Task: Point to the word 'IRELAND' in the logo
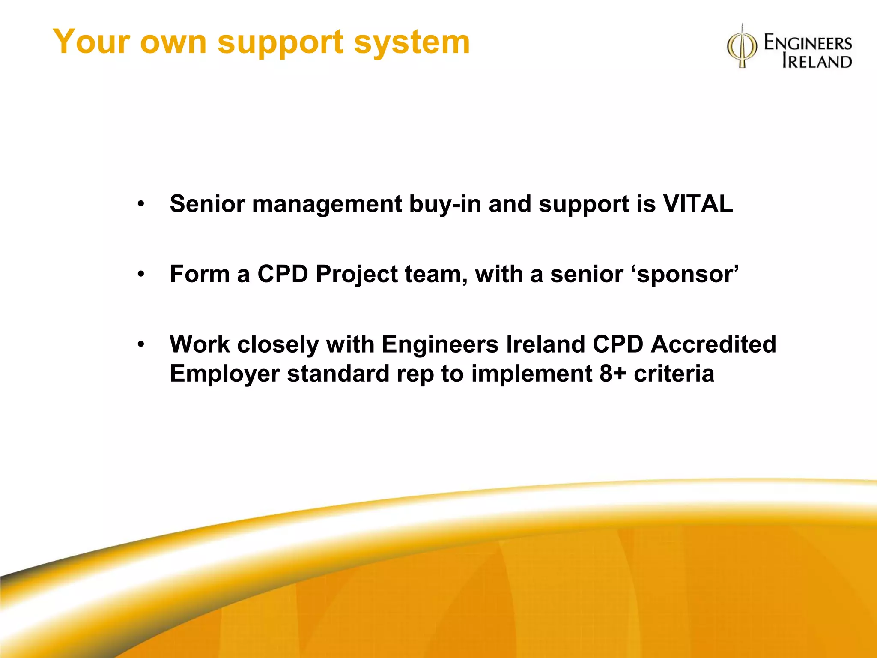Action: (x=817, y=61)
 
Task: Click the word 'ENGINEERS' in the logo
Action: (x=808, y=43)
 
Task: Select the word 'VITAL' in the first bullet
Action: (x=698, y=204)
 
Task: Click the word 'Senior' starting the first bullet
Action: (x=207, y=204)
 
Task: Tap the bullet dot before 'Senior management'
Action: (x=141, y=204)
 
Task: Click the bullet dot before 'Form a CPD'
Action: (x=141, y=274)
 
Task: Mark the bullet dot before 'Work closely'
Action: (x=141, y=344)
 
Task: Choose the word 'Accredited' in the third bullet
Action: (x=713, y=344)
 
